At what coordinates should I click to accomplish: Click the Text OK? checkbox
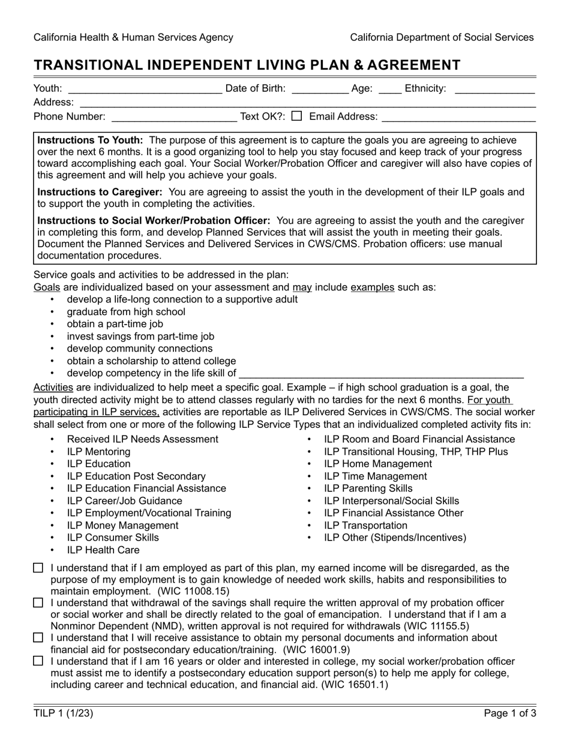coord(296,116)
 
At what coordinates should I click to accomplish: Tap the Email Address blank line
coord(458,118)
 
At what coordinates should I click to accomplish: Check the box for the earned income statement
coord(38,568)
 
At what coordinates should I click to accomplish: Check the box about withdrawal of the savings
coord(38,602)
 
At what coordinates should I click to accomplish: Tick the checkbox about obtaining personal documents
coord(38,637)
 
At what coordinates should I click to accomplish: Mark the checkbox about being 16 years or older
coord(38,661)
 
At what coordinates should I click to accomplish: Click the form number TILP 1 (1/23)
coord(64,713)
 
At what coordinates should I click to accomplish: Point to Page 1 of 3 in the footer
coord(510,713)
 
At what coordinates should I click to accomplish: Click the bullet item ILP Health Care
coord(103,550)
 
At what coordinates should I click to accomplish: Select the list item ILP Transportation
coord(365,526)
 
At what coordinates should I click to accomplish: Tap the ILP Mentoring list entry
coord(98,452)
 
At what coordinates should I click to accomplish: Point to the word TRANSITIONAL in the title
coord(85,65)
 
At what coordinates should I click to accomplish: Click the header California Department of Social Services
coord(442,37)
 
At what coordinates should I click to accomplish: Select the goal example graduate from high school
coord(126,312)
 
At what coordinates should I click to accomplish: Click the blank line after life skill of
coord(381,374)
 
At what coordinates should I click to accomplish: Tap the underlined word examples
coord(372,287)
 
